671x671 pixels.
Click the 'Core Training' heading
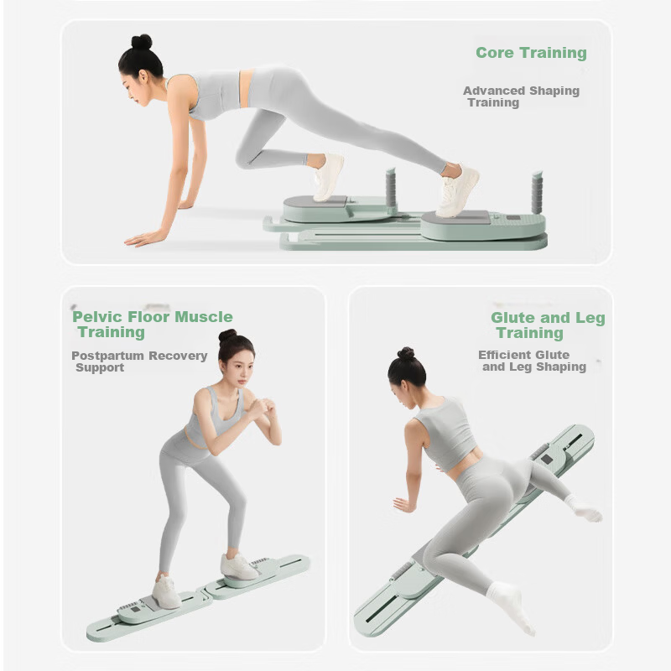tap(531, 53)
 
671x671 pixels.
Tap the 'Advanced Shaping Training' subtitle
tap(521, 96)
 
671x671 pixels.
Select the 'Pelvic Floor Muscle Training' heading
tap(153, 325)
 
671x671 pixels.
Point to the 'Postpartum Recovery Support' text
tap(139, 362)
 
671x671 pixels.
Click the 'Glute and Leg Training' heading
tap(548, 325)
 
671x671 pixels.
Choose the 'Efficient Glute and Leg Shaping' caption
tap(532, 361)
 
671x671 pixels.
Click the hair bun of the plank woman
tap(142, 41)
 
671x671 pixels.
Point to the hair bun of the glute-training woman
tap(405, 353)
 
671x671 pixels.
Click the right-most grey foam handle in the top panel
tap(537, 193)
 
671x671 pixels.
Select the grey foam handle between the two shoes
tap(391, 187)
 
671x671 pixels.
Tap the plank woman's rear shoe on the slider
tap(456, 191)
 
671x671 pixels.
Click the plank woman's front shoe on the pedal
tap(328, 177)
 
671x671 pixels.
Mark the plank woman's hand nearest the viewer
tap(140, 239)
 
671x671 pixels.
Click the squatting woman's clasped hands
tap(260, 408)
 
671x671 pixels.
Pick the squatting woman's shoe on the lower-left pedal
tap(166, 592)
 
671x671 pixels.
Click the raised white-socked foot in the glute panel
tap(585, 510)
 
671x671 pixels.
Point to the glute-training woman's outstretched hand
tap(404, 505)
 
